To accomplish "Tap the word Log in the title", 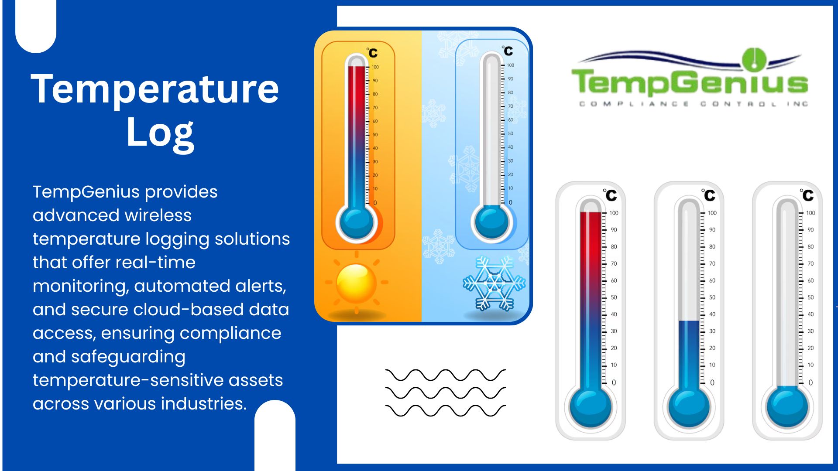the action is pos(160,133).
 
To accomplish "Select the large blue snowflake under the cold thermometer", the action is pos(494,283).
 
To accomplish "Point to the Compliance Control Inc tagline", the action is pos(694,104).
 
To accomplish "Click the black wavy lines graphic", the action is pos(446,393).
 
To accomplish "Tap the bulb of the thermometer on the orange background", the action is pos(356,222).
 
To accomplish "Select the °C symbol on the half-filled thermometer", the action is pos(708,195).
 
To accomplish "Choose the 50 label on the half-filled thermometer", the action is pos(712,297).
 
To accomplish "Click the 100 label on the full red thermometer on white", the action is pos(614,213).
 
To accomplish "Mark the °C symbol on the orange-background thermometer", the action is pos(372,53).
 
